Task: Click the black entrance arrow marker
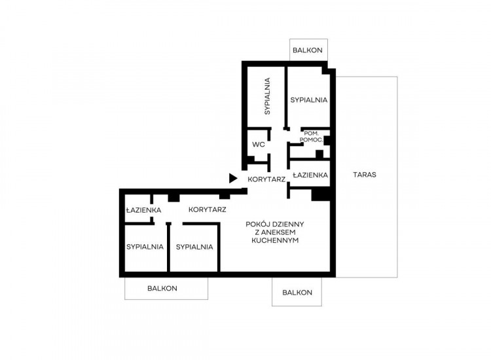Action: click(232, 179)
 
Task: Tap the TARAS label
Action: click(365, 175)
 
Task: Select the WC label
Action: click(259, 144)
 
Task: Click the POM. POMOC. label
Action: click(311, 137)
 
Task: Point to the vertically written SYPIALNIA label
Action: click(267, 96)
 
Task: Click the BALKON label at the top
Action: click(308, 50)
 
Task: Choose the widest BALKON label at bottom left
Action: click(162, 288)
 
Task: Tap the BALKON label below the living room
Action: click(297, 293)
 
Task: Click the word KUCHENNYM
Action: click(275, 240)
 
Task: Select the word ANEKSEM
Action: click(275, 232)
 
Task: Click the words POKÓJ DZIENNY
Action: click(274, 224)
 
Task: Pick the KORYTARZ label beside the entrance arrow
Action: click(266, 179)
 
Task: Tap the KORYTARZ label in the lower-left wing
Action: click(208, 209)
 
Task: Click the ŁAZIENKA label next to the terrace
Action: click(310, 175)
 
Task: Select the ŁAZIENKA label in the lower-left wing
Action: click(143, 209)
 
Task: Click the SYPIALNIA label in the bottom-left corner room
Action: click(145, 247)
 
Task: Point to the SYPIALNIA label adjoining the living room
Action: click(194, 247)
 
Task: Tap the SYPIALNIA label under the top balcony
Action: click(309, 100)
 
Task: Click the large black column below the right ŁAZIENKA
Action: click(321, 194)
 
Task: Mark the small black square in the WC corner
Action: click(251, 159)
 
